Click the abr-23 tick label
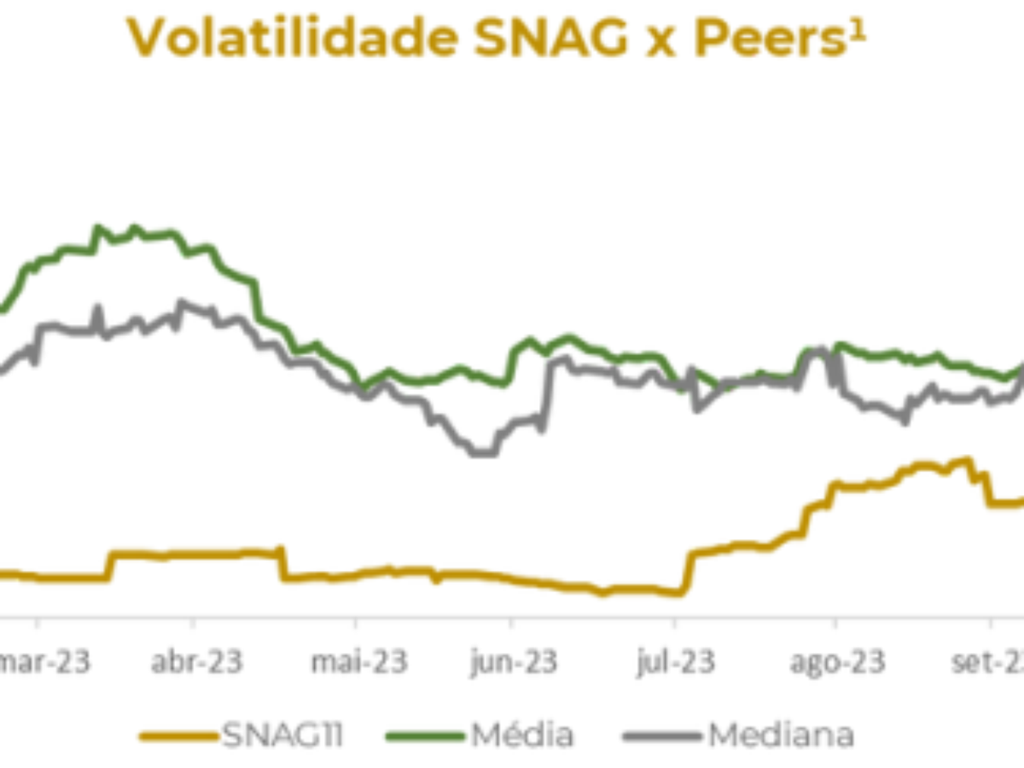[x=197, y=661]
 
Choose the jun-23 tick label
[x=513, y=661]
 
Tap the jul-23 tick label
[x=674, y=661]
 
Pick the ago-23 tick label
[x=835, y=661]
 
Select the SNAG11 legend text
[x=282, y=735]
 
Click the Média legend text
[x=520, y=735]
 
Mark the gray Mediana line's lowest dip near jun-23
[x=483, y=453]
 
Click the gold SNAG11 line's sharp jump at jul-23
[x=687, y=572]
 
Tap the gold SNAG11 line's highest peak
[x=967, y=460]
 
